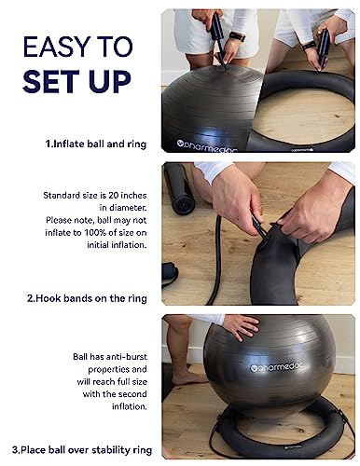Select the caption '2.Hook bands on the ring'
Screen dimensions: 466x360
point(93,298)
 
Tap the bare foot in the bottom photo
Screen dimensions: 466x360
point(187,377)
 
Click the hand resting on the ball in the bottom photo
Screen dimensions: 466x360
point(240,325)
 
